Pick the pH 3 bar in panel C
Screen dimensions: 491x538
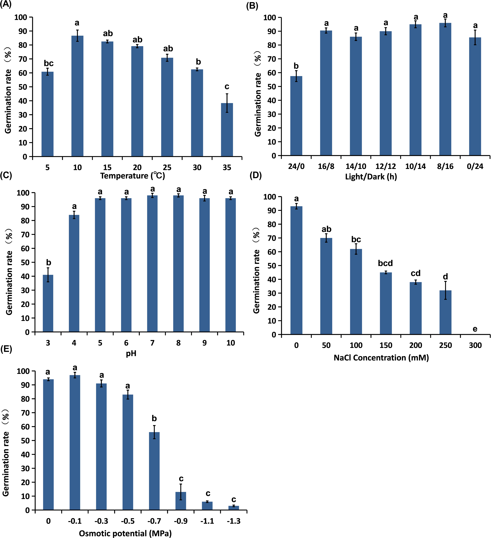(x=48, y=303)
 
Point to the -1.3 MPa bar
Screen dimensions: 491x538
(x=234, y=508)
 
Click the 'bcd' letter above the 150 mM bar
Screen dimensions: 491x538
(x=385, y=263)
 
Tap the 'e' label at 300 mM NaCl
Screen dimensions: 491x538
(x=475, y=329)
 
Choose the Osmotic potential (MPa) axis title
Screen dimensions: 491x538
(x=125, y=533)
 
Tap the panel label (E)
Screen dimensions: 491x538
(x=6, y=349)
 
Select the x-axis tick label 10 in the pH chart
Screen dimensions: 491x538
(x=231, y=343)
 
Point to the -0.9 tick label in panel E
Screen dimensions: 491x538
(x=181, y=521)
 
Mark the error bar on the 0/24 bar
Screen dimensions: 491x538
(x=475, y=37)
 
